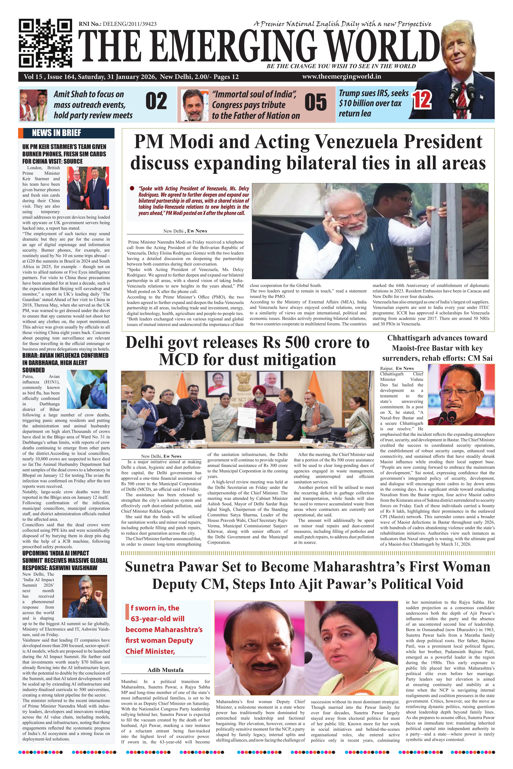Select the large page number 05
pos(315,102)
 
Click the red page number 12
pos(422,100)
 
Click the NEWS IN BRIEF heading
pos(56,133)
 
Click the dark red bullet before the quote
pos(132,188)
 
